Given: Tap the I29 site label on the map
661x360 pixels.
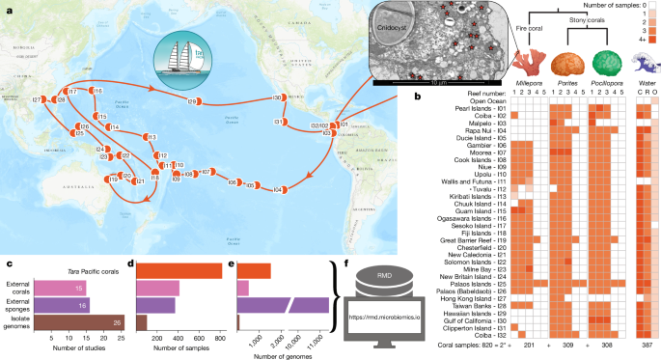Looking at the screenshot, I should click(192, 101).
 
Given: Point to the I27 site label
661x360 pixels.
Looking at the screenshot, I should click(36, 100).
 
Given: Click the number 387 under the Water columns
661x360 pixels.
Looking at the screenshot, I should click(645, 346).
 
